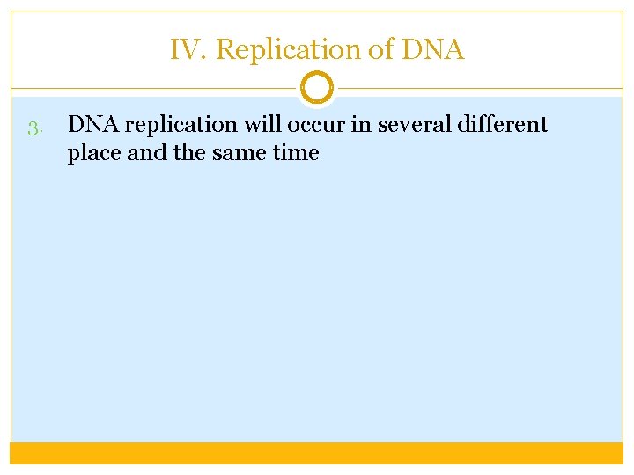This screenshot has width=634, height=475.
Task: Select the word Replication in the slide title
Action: pyautogui.click(x=289, y=50)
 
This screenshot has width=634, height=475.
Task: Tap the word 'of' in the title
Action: pyautogui.click(x=380, y=50)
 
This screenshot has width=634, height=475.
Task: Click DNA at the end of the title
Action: pyautogui.click(x=432, y=50)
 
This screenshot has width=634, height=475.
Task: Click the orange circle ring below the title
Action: pyautogui.click(x=317, y=88)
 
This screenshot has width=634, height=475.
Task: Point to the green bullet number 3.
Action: pyautogui.click(x=34, y=129)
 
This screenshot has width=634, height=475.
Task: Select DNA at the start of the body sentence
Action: pyautogui.click(x=89, y=125)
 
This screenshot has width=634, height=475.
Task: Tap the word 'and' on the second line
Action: pyautogui.click(x=144, y=153)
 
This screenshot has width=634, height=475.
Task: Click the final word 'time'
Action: pyautogui.click(x=295, y=153)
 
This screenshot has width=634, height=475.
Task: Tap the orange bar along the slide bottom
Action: pyautogui.click(x=317, y=453)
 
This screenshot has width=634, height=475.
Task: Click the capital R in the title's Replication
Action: pyautogui.click(x=224, y=50)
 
